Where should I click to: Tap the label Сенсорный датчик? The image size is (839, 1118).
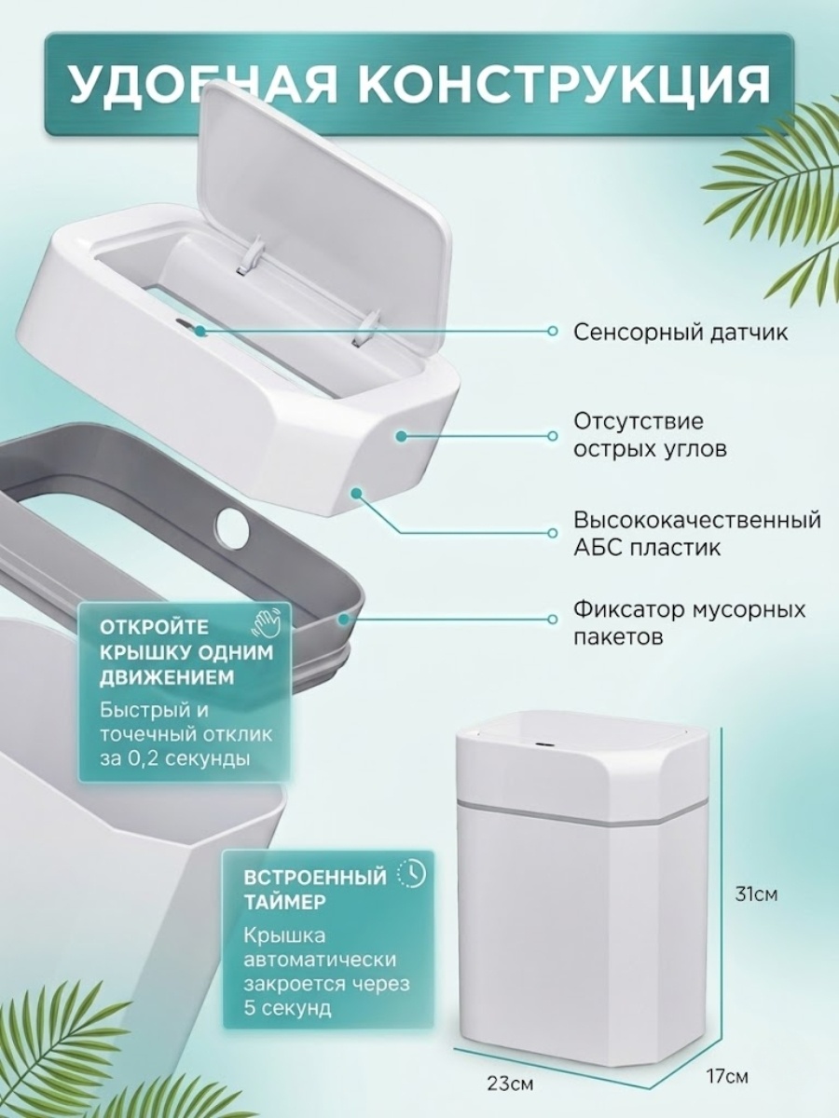(681, 333)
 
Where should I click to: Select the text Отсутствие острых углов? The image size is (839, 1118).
(650, 435)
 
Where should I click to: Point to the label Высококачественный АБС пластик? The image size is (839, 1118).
(697, 533)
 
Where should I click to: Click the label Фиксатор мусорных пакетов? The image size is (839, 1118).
(690, 622)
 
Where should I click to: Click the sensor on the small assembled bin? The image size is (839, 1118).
(543, 745)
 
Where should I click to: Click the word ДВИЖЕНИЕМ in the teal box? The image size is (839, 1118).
(167, 678)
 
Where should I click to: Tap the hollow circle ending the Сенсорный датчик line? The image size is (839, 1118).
(552, 331)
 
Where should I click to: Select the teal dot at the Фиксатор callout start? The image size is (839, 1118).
(344, 620)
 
